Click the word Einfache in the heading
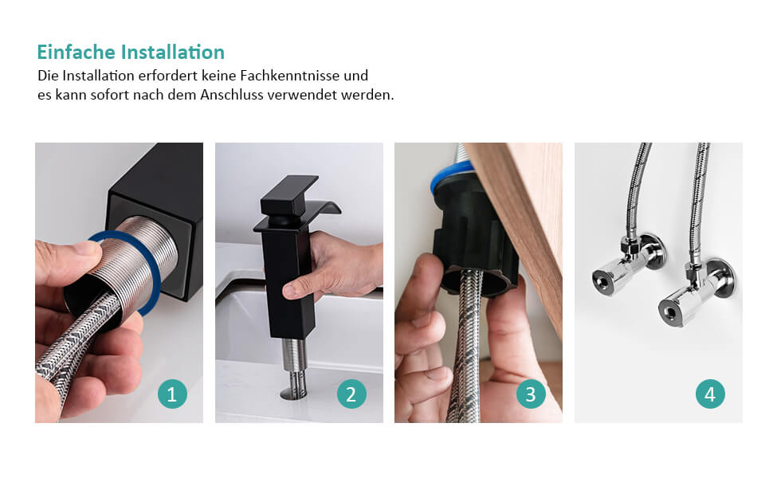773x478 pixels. pyautogui.click(x=76, y=53)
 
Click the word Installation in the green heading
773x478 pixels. pyautogui.click(x=173, y=53)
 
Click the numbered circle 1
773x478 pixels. pyautogui.click(x=172, y=394)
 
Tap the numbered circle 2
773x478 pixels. pyautogui.click(x=351, y=394)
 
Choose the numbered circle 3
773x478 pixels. pyautogui.click(x=531, y=394)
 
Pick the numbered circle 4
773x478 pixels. pyautogui.click(x=710, y=394)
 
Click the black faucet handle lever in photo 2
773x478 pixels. pyautogui.click(x=289, y=194)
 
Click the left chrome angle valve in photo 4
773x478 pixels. pyautogui.click(x=627, y=267)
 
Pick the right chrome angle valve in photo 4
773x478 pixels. pyautogui.click(x=695, y=291)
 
